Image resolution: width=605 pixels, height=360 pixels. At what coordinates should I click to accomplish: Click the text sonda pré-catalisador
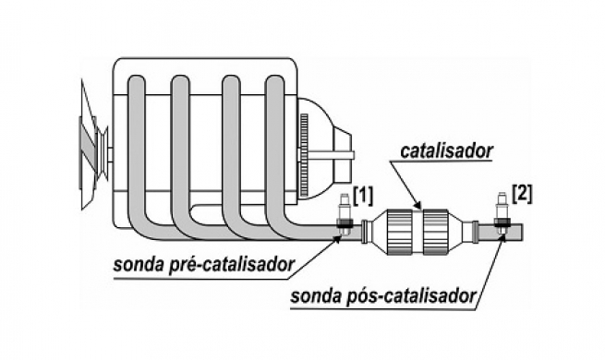[x=203, y=266]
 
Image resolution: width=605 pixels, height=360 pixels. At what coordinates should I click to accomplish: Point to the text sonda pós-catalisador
[x=382, y=296]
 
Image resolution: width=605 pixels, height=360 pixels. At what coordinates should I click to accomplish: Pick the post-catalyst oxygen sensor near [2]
[x=502, y=215]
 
